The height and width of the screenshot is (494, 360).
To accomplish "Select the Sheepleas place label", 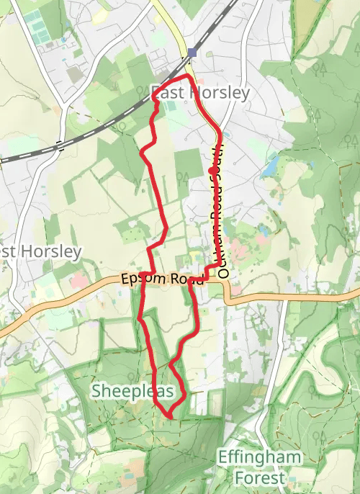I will click(132, 391).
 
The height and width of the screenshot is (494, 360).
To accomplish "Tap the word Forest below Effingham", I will click(258, 476).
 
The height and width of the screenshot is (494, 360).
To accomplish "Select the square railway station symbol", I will click(192, 52).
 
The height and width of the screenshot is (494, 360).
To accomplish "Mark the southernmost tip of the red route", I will click(169, 416).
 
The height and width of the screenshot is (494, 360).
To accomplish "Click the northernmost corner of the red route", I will click(189, 75).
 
